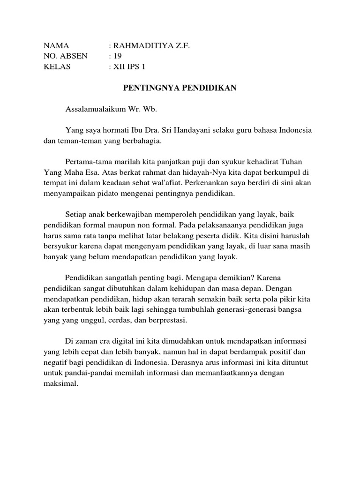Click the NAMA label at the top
pyautogui.click(x=56, y=45)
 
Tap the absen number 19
pyautogui.click(x=118, y=56)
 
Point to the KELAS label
pyautogui.click(x=57, y=67)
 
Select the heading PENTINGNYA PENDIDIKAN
pyautogui.click(x=180, y=88)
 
